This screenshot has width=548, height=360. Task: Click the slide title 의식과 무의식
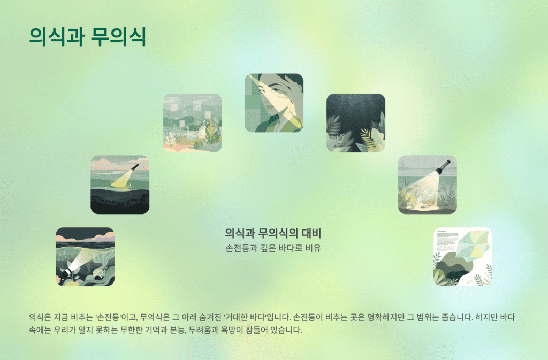88,36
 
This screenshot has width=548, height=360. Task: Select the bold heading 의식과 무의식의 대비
273,233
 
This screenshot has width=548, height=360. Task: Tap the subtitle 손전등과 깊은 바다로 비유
273,248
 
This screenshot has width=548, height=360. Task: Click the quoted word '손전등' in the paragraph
109,317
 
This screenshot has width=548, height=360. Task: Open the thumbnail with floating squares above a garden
192,123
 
